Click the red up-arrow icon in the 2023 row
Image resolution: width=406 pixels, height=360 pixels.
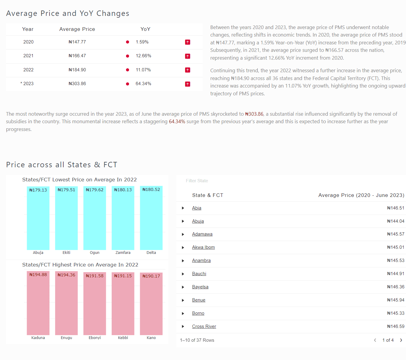pyautogui.click(x=188, y=84)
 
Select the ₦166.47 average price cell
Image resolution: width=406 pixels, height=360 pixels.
pyautogui.click(x=77, y=56)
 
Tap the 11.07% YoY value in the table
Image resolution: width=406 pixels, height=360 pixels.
pyautogui.click(x=143, y=70)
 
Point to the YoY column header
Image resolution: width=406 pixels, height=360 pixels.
pyautogui.click(x=145, y=29)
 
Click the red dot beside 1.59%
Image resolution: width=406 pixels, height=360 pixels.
pyautogui.click(x=128, y=42)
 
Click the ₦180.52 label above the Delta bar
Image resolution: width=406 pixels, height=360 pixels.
pyautogui.click(x=151, y=189)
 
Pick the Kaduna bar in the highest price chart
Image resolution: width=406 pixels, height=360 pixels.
pyautogui.click(x=38, y=304)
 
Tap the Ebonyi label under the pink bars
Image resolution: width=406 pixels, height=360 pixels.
pyautogui.click(x=95, y=338)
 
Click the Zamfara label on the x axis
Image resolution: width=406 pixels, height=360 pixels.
pyautogui.click(x=123, y=253)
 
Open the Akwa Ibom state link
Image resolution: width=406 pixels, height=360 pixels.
pyautogui.click(x=203, y=247)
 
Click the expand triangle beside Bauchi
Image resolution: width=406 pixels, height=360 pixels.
pyautogui.click(x=183, y=274)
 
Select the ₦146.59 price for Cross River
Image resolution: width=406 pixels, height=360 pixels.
pyautogui.click(x=395, y=326)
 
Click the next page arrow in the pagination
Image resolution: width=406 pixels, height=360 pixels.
pyautogui.click(x=401, y=340)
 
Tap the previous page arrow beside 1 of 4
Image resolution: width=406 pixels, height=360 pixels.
pyautogui.click(x=375, y=340)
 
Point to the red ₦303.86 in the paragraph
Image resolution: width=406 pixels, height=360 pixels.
pyautogui.click(x=254, y=114)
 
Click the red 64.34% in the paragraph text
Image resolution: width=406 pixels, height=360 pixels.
pyautogui.click(x=177, y=121)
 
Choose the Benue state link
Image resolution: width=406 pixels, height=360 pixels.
pyautogui.click(x=199, y=300)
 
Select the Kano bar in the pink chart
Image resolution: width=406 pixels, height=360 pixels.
pyautogui.click(x=151, y=306)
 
